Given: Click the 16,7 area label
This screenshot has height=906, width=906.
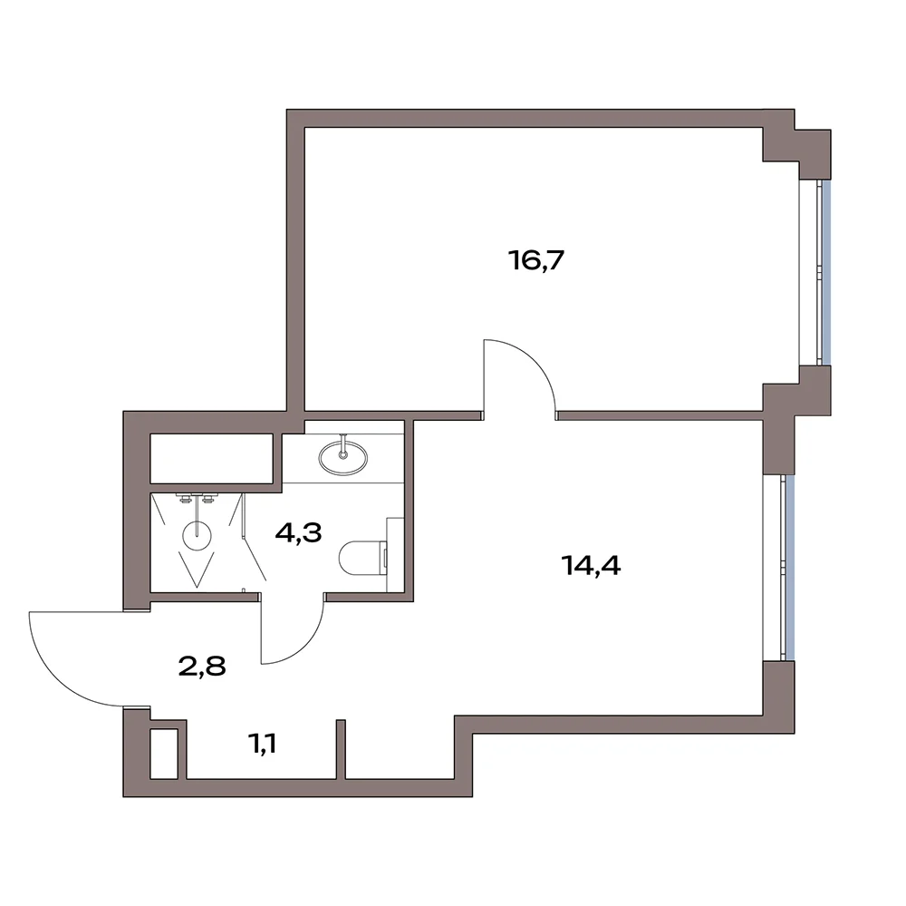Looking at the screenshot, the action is coord(535,261).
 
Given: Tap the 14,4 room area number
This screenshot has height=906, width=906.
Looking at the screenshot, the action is coord(591,566).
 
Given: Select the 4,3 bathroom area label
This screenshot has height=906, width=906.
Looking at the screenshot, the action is coord(298,533).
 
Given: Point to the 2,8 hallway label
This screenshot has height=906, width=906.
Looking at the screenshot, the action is coord(202,667).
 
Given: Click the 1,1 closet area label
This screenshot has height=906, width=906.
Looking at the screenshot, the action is coord(262,744).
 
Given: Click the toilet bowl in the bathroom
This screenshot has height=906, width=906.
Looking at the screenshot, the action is coord(360,559).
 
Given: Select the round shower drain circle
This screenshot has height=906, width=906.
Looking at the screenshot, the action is coord(197,536).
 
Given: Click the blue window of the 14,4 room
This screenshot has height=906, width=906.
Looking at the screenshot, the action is coord(790,568).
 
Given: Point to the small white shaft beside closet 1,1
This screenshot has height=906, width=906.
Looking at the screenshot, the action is coord(163,755).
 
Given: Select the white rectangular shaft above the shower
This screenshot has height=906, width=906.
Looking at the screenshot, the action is coord(211,458).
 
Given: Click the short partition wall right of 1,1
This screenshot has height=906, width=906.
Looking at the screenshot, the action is coord(341,748).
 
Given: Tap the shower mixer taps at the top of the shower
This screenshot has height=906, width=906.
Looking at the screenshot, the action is coord(197,498).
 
